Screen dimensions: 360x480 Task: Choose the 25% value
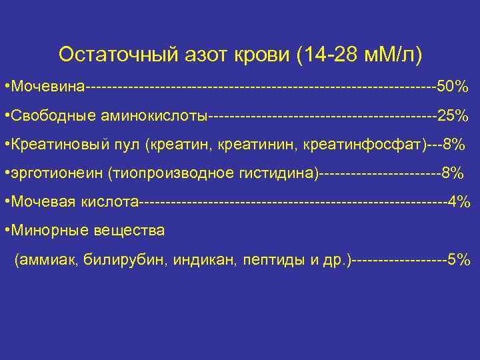pos(453,116)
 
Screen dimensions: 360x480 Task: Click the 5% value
pos(458,259)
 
